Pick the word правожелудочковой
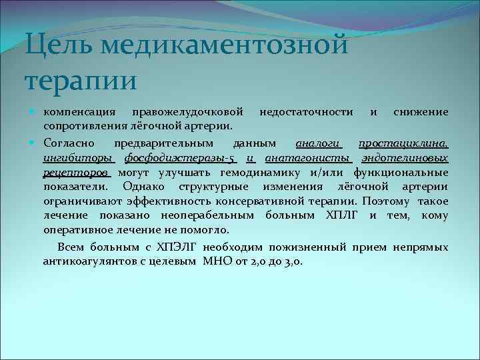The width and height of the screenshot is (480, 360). coord(192,111)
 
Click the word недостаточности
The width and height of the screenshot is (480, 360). coord(306,111)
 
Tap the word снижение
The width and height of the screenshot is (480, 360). coord(420,111)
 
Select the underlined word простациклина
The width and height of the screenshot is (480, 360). coord(403,143)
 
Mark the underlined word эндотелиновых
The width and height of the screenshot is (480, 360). coord(404,158)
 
